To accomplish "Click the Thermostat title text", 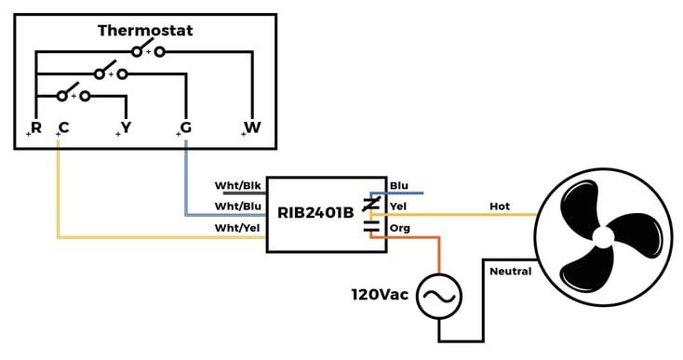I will click(145, 31).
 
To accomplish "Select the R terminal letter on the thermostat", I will click(36, 127).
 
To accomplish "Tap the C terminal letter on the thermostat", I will click(63, 127).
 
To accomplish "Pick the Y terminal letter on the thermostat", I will click(126, 127).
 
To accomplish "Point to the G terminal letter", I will click(185, 127).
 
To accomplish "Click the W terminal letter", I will click(252, 127).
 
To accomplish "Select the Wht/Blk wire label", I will click(237, 184).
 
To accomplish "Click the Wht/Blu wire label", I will click(237, 206).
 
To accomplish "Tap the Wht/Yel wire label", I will click(237, 228).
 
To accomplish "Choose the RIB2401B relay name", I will click(315, 212).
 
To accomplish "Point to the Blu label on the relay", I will click(399, 185).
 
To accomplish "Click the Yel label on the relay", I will click(398, 207).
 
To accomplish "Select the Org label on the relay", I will click(399, 228).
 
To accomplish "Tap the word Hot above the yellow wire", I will click(500, 206).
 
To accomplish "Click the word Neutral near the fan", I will click(510, 272).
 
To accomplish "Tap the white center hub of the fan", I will click(603, 237).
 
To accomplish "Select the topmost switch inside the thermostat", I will click(148, 51).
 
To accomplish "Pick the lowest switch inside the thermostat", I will click(73, 95).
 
